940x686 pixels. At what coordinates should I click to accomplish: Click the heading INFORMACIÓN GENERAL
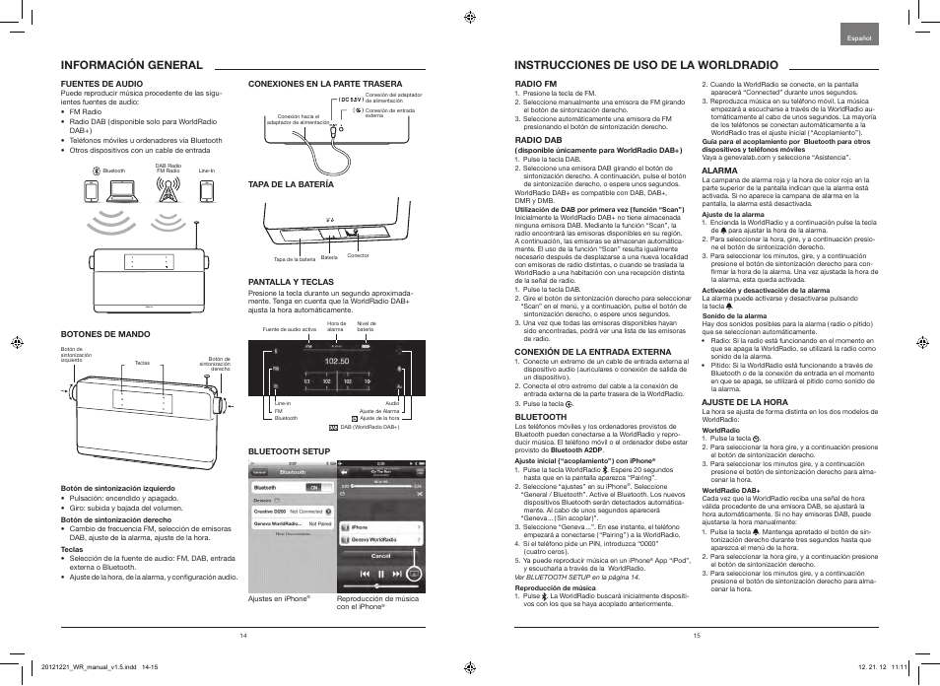[132, 65]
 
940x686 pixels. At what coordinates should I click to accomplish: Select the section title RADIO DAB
[538, 140]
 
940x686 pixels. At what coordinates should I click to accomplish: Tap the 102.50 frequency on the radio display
[337, 361]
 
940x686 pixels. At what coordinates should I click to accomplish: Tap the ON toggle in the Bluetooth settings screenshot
[314, 487]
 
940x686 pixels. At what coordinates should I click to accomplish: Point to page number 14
[242, 635]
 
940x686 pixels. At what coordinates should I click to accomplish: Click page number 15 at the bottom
[696, 635]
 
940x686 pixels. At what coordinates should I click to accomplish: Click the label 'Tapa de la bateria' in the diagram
[294, 259]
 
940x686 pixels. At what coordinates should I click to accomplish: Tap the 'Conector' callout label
[358, 255]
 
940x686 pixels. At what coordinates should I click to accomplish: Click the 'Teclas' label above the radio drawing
[143, 362]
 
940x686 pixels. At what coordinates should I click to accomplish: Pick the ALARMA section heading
[719, 171]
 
